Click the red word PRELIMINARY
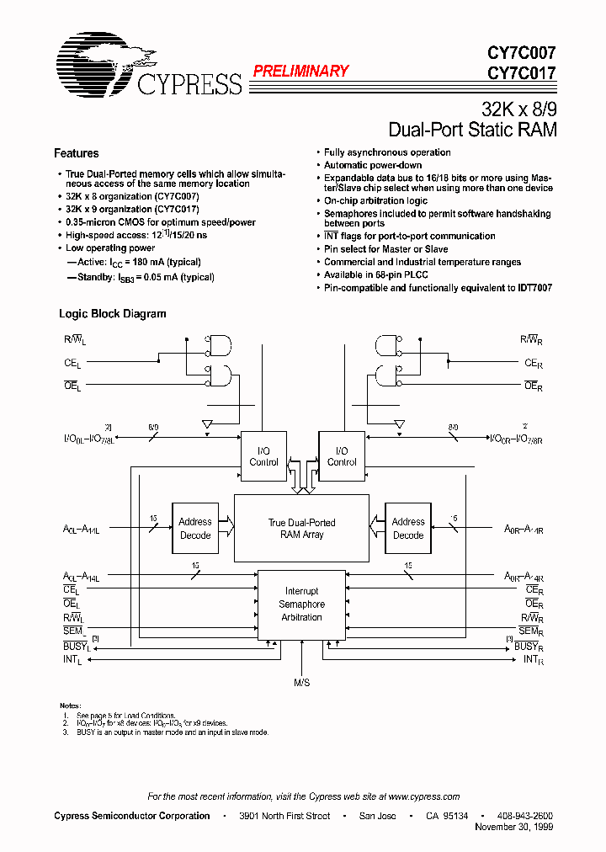point(300,72)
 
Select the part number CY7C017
point(522,72)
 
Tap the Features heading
point(77,153)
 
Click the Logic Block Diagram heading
point(112,314)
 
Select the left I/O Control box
point(264,456)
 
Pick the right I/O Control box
point(342,456)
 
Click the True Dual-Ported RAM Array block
point(301,529)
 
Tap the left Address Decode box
point(195,528)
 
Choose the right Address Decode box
point(408,528)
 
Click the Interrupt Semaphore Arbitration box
point(301,604)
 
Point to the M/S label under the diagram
point(301,683)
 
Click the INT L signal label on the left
point(73,661)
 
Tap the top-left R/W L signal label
point(74,340)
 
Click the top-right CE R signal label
point(533,363)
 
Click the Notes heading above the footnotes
point(70,705)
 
